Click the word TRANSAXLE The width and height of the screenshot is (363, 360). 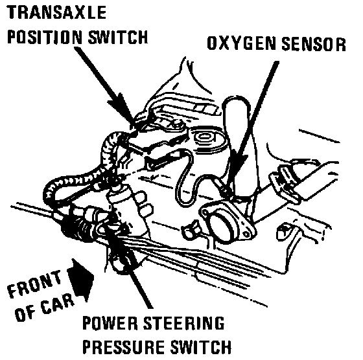click(x=56, y=12)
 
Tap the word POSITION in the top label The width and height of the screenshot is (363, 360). click(x=45, y=36)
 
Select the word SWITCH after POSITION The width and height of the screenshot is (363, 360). click(x=118, y=36)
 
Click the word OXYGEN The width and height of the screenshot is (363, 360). click(x=241, y=43)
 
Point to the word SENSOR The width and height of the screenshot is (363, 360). click(x=314, y=43)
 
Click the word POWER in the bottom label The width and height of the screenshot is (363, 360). click(x=110, y=323)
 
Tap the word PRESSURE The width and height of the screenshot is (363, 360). click(x=124, y=346)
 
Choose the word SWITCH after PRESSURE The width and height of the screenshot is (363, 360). click(x=201, y=346)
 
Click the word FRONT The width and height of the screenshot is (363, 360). click(x=35, y=284)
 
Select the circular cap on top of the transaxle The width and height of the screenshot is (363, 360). click(x=204, y=137)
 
